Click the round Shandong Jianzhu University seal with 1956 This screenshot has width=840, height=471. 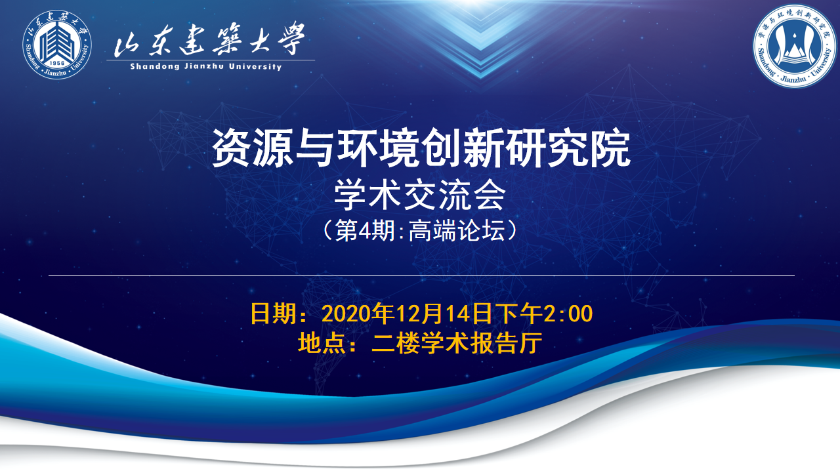coord(57,45)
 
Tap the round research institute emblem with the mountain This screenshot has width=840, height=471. coord(795,47)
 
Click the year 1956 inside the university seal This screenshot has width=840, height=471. coord(57,64)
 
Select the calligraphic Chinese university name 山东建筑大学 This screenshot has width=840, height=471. coord(209,39)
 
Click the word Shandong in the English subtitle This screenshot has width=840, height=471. coord(155,67)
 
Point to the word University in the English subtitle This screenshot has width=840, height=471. coord(255,67)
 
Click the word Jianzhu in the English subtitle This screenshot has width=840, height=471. coord(204,67)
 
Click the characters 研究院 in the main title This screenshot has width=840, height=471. coord(568,148)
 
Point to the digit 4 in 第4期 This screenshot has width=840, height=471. coord(365,231)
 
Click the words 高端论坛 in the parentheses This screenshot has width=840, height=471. coord(457,230)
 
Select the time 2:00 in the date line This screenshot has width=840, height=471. coord(568,314)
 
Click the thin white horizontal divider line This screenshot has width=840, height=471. coord(421,275)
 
